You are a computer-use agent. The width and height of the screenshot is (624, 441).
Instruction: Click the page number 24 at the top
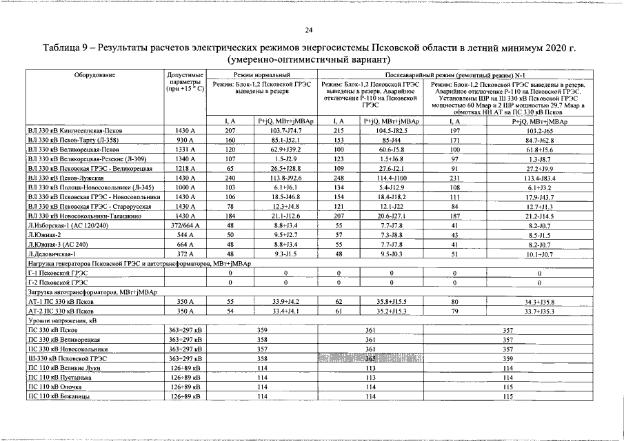point(310,30)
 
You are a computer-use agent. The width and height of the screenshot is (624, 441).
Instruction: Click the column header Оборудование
point(95,74)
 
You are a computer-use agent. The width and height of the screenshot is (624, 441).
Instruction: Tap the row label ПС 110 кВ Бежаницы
point(68,397)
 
